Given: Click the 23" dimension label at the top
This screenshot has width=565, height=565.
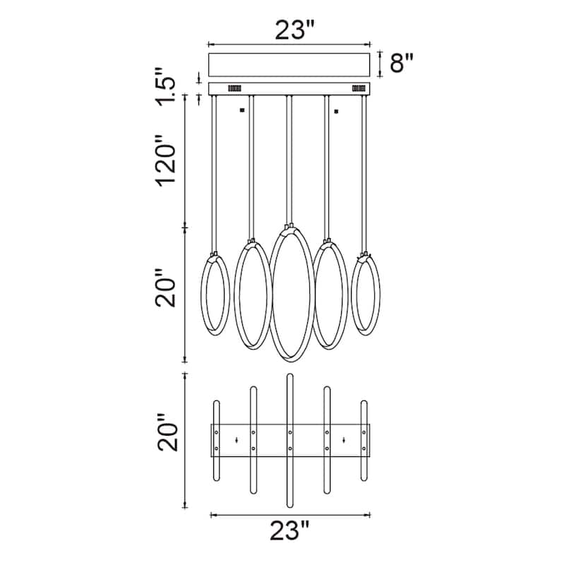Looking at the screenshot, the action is [295, 30].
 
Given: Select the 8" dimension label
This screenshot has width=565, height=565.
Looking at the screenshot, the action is [402, 63].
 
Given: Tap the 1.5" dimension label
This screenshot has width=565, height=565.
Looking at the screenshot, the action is [166, 86].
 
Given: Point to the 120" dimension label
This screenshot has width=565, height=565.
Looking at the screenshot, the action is [166, 161].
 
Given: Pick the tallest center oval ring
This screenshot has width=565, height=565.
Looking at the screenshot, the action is [270, 294].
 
